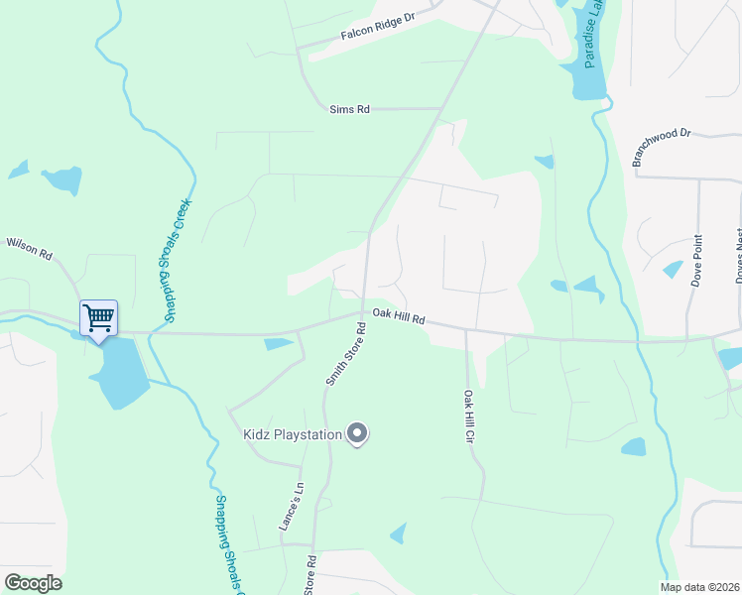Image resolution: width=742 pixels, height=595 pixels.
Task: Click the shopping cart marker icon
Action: [x=98, y=318]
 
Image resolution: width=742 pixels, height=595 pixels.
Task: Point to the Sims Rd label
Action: [x=349, y=109]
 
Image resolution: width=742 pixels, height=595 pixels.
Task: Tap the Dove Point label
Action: [x=697, y=260]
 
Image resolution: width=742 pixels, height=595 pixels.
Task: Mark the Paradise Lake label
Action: [x=594, y=40]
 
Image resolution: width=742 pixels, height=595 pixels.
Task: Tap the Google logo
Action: [x=33, y=582]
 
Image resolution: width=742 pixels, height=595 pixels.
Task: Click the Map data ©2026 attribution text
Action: [x=700, y=587]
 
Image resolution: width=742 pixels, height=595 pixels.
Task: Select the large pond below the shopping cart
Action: [x=118, y=372]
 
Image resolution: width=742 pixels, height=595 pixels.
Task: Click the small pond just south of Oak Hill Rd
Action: [x=279, y=344]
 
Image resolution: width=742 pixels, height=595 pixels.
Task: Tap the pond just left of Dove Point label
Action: [x=673, y=269]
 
